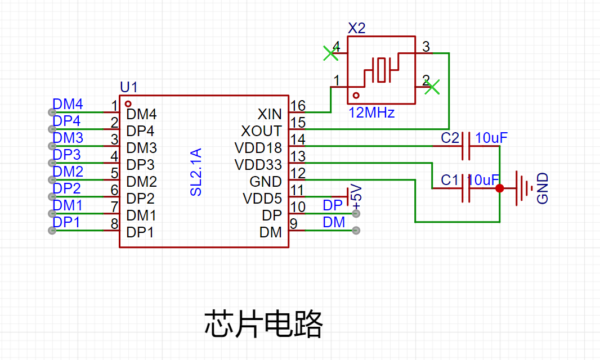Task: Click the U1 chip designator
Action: [128, 87]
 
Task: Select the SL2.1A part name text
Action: [196, 172]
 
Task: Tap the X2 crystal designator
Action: [357, 28]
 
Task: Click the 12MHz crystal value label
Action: [371, 113]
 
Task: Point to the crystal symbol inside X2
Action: [381, 70]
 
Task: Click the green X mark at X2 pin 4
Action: [330, 53]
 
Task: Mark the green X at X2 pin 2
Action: [432, 87]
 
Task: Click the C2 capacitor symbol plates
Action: [465, 146]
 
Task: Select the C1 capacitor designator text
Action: [450, 180]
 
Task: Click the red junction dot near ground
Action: [499, 188]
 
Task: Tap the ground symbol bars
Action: [524, 188]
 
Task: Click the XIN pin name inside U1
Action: [270, 114]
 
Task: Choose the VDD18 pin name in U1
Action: [258, 148]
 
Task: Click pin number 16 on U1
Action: [298, 106]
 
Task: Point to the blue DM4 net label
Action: [68, 104]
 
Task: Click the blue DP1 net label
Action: [66, 222]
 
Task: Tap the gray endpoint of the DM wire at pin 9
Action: [356, 230]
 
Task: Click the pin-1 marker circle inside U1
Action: [128, 104]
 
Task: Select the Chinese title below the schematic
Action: [263, 324]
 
